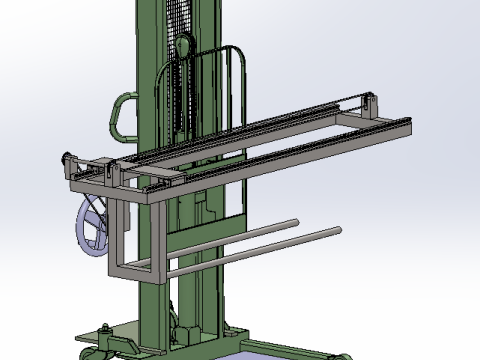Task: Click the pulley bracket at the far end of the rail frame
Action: click(x=371, y=104)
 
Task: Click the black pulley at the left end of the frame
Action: click(x=68, y=159)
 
